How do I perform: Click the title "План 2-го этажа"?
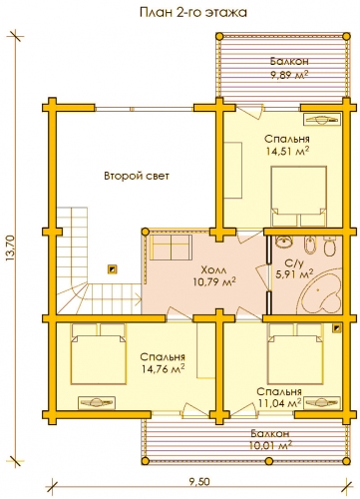click(192, 12)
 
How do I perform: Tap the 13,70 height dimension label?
click(10, 247)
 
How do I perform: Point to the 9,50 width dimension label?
click(199, 482)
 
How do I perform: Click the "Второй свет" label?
click(137, 176)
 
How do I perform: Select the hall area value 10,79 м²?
click(214, 282)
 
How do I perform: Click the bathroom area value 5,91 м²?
click(294, 274)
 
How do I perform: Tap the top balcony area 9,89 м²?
click(289, 75)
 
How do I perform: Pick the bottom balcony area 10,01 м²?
click(270, 445)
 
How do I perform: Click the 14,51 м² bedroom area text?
click(288, 152)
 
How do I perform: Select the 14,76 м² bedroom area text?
click(163, 369)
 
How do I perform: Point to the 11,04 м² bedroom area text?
click(279, 403)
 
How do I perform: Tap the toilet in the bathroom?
click(329, 247)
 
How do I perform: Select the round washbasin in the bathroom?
click(283, 243)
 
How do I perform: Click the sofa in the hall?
click(170, 248)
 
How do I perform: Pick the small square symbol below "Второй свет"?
click(113, 269)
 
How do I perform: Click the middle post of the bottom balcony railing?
click(268, 461)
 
